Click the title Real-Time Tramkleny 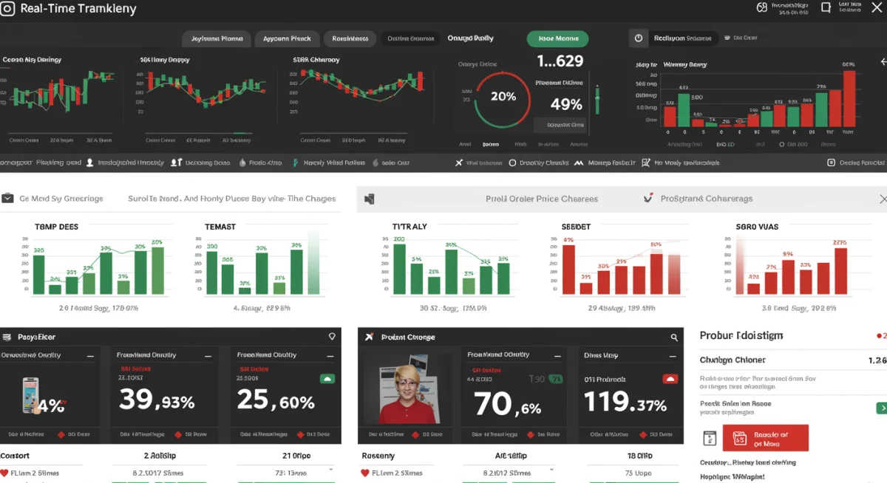pos(78,10)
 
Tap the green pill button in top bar pos(557,38)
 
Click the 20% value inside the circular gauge pos(503,96)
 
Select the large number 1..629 pos(560,61)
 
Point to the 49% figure pos(566,104)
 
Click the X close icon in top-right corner pos(874,8)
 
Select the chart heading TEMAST pos(220,227)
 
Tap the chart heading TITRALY pos(409,227)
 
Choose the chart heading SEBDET pos(576,227)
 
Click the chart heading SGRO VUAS pos(757,227)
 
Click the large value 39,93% pos(157,401)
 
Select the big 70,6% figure pos(507,404)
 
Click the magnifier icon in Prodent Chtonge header pos(674,338)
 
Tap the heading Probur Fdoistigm pos(741,336)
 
